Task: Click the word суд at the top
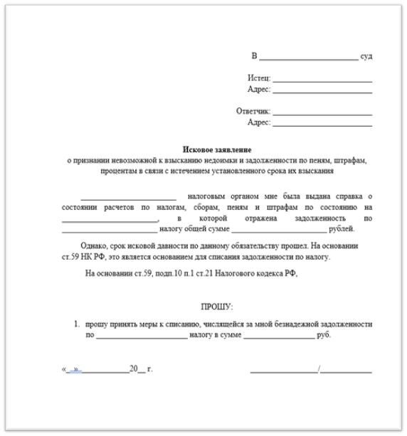tap(366, 56)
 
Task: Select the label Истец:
tap(259, 78)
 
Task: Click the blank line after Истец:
tap(322, 80)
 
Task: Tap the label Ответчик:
tap(253, 111)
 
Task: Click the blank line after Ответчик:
tap(322, 113)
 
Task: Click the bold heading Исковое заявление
tap(217, 149)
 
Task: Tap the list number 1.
tap(77, 324)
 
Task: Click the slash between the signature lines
tap(319, 369)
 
